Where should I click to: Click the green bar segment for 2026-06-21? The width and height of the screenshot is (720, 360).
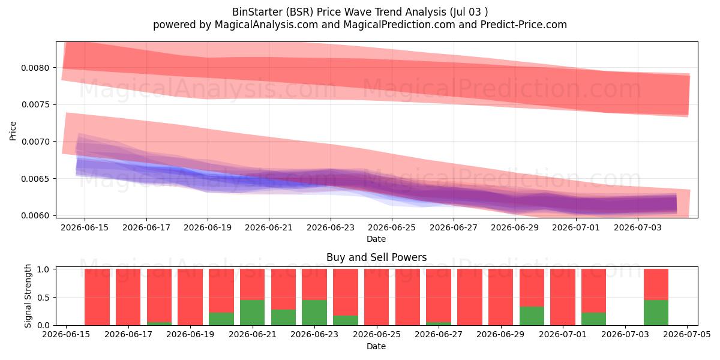tap(253, 313)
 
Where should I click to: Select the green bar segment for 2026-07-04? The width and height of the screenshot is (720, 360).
tap(656, 313)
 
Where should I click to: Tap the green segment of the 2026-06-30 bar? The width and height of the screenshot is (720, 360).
tap(532, 316)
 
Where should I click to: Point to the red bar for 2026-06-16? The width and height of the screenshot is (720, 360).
tap(97, 297)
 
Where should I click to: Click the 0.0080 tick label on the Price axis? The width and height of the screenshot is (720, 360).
tap(35, 68)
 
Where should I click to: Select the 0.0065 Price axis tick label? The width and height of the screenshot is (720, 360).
tap(35, 179)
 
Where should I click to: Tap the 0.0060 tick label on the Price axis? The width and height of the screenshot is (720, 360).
tap(35, 215)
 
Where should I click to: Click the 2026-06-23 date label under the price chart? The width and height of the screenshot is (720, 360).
tap(331, 227)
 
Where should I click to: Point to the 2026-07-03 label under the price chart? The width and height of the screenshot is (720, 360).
tap(638, 227)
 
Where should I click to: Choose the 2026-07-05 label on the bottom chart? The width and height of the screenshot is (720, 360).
tap(687, 335)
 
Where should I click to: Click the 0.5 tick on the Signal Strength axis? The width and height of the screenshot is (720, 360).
tap(43, 298)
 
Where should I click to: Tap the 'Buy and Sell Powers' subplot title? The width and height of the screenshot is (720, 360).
tap(376, 257)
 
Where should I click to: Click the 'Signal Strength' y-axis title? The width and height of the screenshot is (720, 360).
tap(28, 296)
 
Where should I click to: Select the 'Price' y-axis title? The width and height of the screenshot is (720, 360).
tap(13, 131)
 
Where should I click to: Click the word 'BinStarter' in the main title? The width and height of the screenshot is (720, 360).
tap(257, 12)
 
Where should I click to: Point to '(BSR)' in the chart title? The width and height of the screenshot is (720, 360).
tap(299, 12)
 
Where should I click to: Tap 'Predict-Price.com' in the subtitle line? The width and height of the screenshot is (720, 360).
tap(524, 25)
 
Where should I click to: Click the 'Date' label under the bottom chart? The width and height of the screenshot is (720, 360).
tap(376, 346)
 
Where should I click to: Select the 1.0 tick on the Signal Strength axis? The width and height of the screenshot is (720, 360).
tap(43, 269)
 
